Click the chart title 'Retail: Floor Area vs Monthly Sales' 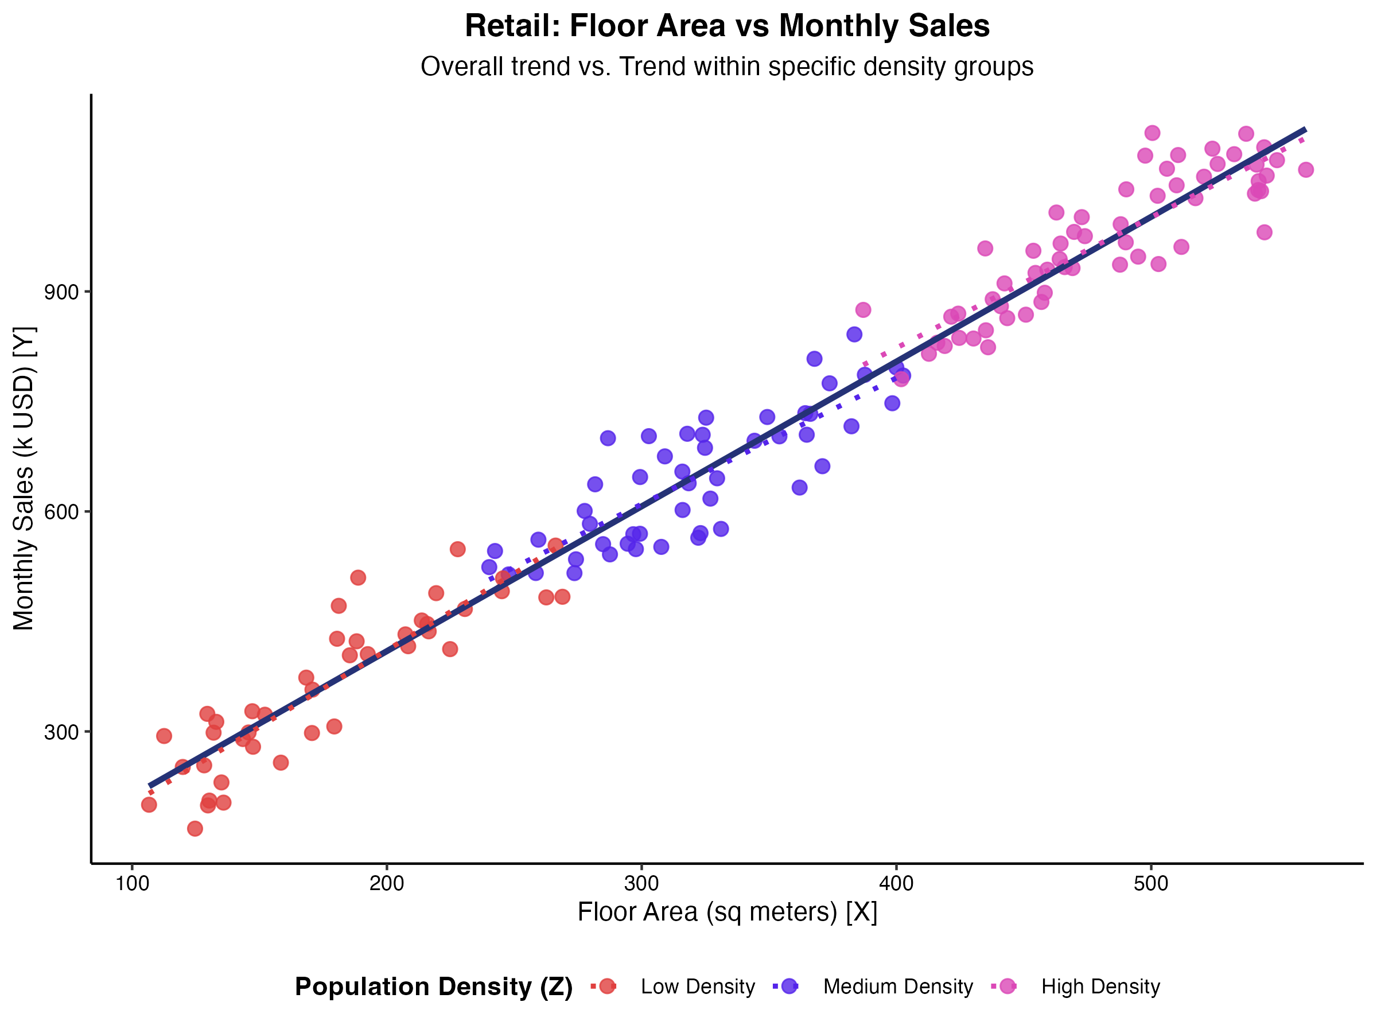point(726,26)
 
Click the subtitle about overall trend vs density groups point(726,67)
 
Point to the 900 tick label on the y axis point(61,292)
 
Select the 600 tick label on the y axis point(61,512)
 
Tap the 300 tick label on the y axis point(61,732)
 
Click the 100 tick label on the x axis point(132,884)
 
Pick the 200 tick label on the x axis point(387,884)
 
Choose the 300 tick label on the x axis point(641,884)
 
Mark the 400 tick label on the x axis point(896,884)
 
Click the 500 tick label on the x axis point(1150,884)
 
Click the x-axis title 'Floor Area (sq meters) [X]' point(726,913)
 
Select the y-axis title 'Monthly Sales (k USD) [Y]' point(25,478)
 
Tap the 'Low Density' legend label point(697,987)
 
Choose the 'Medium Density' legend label point(898,987)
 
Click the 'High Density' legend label point(1100,987)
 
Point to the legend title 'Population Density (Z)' point(433,987)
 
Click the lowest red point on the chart point(195,829)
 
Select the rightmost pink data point point(1305,169)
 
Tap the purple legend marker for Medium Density point(789,987)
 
